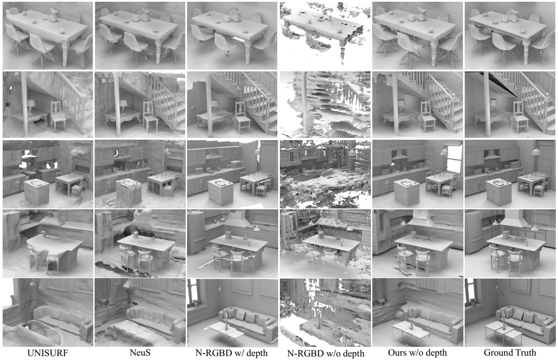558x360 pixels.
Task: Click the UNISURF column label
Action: pyautogui.click(x=48, y=353)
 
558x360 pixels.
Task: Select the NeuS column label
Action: pyautogui.click(x=140, y=353)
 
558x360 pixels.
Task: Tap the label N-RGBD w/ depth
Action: pyautogui.click(x=232, y=353)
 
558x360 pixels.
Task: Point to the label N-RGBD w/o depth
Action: pyautogui.click(x=325, y=353)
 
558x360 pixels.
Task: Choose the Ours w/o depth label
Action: pyautogui.click(x=417, y=353)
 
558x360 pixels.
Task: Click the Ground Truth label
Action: pyautogui.click(x=510, y=353)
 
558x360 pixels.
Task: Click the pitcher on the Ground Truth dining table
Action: pyautogui.click(x=515, y=16)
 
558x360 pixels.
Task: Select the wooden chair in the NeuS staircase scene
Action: pyautogui.click(x=150, y=116)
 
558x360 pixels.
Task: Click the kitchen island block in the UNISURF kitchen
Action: pyautogui.click(x=37, y=191)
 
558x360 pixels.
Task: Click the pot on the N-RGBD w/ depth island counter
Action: pyautogui.click(x=228, y=235)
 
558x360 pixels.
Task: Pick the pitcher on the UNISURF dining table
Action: pyautogui.click(x=54, y=15)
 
